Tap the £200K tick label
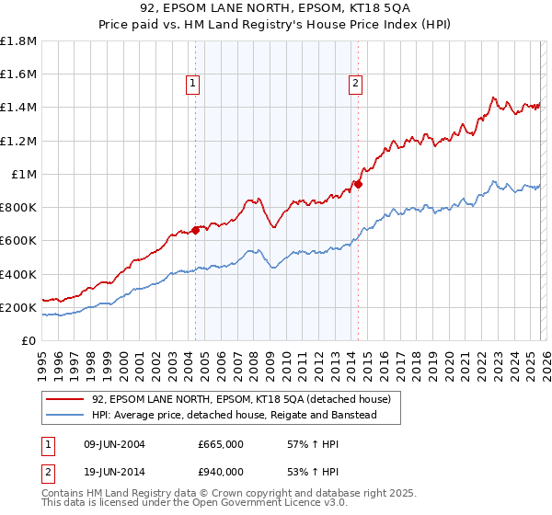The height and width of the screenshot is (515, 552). [18, 307]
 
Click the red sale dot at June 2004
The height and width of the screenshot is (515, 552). [196, 230]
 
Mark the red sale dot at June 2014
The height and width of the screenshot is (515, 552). [358, 184]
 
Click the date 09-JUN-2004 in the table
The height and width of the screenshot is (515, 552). [114, 444]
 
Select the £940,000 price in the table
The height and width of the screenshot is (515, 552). [220, 472]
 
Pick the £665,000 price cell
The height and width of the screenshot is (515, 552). [220, 444]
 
